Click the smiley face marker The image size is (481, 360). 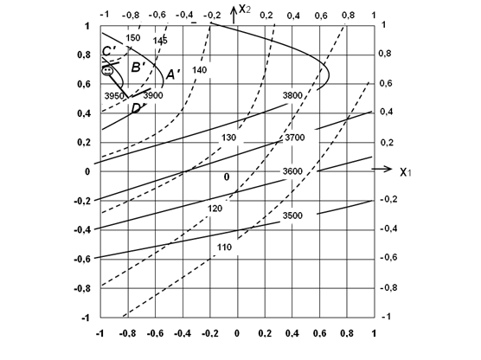coord(107,71)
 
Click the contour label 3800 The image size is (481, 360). coord(292,95)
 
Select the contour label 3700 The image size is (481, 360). coord(295,138)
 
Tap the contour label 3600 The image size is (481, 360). coord(292,171)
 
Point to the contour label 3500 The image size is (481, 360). coord(292,215)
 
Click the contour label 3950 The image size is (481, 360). coord(114,96)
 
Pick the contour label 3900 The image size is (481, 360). coord(153,95)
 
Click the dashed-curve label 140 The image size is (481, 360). coord(199,70)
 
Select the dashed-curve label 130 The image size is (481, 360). coord(229,138)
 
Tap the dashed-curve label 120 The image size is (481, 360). coord(215,209)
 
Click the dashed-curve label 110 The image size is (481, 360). coord(224,247)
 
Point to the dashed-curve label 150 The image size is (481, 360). coord(133,38)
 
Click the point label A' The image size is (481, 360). coord(173,74)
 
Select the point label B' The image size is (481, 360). coord(138,67)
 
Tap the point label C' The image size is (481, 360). coord(109,51)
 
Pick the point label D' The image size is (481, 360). coord(138,108)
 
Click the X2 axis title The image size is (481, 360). coord(245,9)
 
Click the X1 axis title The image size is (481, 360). coord(406,172)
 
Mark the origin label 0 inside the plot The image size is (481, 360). coord(227,177)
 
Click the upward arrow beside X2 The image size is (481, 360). coord(234,15)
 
